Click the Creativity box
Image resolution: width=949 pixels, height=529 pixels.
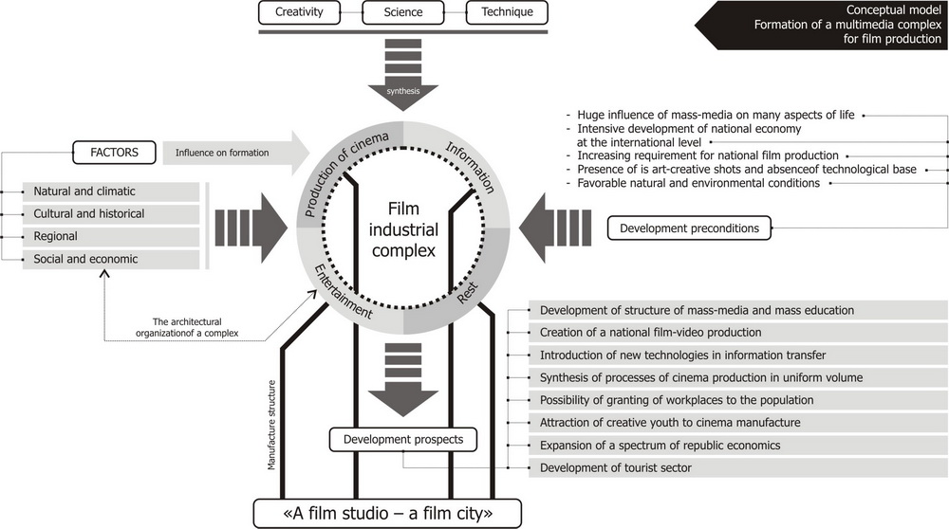298,13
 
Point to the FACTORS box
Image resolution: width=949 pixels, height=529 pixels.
113,151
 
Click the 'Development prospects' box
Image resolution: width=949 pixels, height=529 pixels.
402,440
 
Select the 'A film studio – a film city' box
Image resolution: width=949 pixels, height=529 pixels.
389,514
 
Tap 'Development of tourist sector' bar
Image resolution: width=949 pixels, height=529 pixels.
738,468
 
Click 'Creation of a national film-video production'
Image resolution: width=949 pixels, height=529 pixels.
738,333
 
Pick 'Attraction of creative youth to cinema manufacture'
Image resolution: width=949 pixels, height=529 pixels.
738,423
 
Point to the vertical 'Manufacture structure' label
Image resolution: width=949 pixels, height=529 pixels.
271,425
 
